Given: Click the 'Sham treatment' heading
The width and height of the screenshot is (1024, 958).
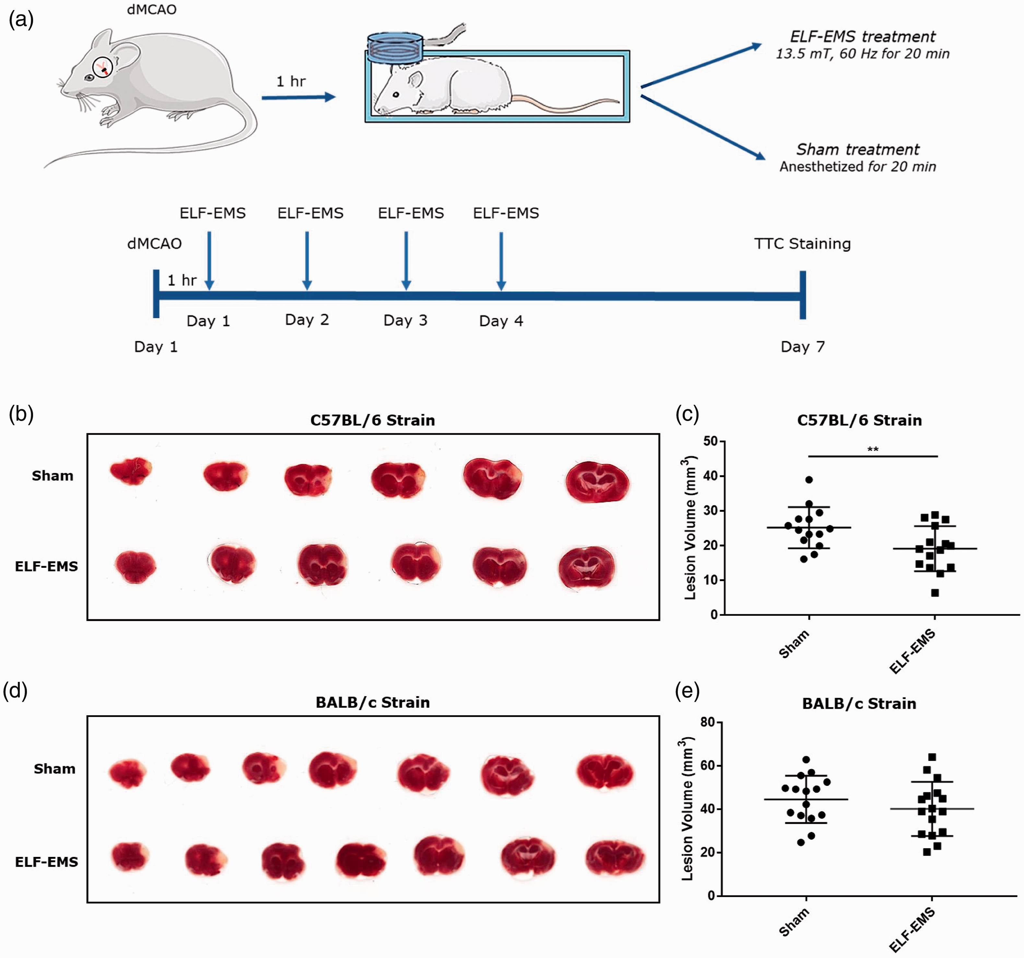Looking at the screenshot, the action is point(858,149).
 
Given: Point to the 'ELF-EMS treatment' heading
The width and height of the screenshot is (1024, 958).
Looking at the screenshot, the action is point(863,37).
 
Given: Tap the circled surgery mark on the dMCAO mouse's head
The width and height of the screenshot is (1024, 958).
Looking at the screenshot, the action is point(102,67).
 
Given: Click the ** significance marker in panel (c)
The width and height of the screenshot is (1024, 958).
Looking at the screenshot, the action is point(873,449).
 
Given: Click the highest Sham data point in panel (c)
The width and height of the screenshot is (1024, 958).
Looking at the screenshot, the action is point(809,480).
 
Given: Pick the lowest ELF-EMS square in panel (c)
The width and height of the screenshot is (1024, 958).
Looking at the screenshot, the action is point(935,593).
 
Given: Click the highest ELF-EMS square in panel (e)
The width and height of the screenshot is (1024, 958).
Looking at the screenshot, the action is point(932,757).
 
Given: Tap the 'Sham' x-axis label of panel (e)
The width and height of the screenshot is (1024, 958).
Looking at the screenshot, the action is point(794,922).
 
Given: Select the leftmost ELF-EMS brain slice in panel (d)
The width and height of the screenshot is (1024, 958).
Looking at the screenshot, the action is point(130,857).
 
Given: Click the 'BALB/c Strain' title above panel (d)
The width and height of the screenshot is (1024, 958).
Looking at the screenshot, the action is point(372,703).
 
